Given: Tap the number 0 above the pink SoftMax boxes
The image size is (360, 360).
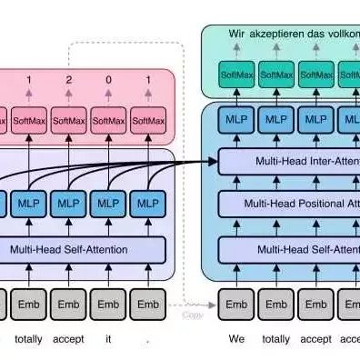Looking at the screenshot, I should coord(108,79).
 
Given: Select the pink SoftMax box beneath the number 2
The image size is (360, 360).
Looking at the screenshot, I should coord(68,119).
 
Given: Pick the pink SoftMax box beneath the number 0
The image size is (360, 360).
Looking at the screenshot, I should coord(108,119).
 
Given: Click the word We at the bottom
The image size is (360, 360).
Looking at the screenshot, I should coord(235,339).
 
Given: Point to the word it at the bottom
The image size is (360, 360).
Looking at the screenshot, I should coord(108,339).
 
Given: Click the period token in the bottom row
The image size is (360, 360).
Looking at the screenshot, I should coord(148,339).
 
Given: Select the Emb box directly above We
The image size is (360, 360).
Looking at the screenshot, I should coord(235,304).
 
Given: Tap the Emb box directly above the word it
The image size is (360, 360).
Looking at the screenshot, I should coord(108,304).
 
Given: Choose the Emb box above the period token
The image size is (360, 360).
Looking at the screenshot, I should coord(148,304).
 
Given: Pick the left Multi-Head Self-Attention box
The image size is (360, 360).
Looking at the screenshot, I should coord(82,247).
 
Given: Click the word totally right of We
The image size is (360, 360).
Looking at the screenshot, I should coord(275,339).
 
